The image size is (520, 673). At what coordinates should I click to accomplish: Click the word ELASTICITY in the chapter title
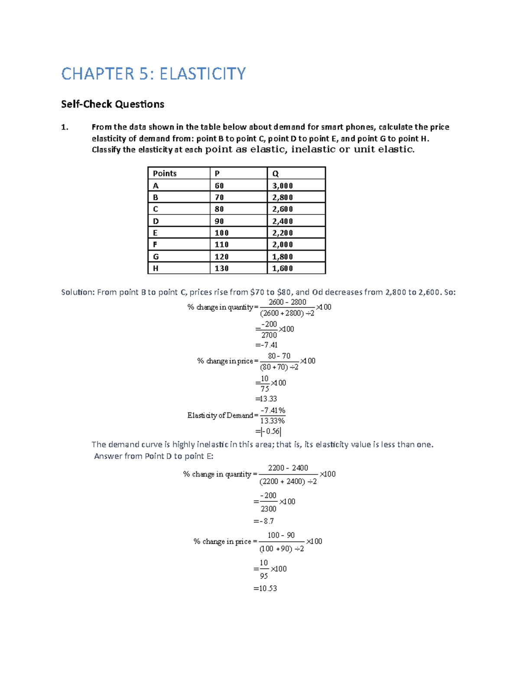click(x=202, y=74)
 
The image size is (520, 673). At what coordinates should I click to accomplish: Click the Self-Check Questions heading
click(x=113, y=104)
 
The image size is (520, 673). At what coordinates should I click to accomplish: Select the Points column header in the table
click(x=165, y=173)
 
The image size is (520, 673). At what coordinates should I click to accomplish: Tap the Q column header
click(x=276, y=173)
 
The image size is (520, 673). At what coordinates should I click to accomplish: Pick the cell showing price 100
click(x=221, y=233)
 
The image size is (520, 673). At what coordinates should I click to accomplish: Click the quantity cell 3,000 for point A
click(x=283, y=185)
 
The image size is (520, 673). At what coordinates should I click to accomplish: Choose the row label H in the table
click(x=156, y=268)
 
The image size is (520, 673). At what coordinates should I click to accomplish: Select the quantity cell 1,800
click(x=283, y=257)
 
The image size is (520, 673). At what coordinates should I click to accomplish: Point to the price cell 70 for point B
click(x=219, y=197)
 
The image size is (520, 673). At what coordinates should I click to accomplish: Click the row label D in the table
click(x=156, y=221)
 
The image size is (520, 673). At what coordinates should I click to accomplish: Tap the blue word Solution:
click(x=78, y=292)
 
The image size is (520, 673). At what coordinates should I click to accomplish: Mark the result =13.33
click(x=266, y=399)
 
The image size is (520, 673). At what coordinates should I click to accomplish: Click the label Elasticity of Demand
click(x=220, y=415)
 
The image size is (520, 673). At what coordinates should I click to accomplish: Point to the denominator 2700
click(x=269, y=335)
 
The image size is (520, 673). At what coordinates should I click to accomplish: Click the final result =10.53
click(x=265, y=588)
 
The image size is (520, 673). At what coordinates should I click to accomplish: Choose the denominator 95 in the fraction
click(x=264, y=576)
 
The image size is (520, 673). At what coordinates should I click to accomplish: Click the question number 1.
click(x=65, y=127)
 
